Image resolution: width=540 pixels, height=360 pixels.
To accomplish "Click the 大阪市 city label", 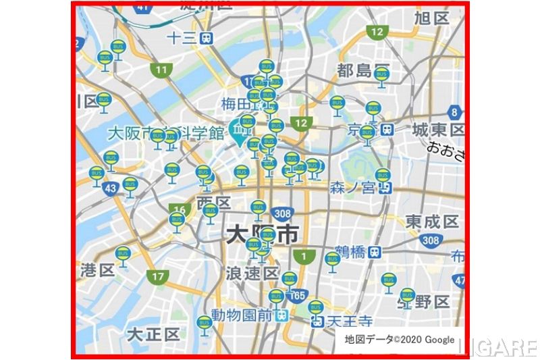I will coord(262,236).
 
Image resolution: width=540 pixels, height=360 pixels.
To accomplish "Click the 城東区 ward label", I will coord(438,129).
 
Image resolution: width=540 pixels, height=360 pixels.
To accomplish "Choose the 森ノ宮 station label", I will coord(352,187).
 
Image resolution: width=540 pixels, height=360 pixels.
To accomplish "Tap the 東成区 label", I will coord(432,222).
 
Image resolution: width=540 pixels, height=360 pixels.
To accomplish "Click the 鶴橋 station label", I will coord(351,252).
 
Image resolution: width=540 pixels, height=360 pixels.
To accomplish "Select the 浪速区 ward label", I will coord(252,274).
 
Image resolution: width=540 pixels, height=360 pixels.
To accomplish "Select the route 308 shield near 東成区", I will coord(430,240).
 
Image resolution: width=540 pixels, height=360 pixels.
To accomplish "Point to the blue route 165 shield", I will coord(298,295).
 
